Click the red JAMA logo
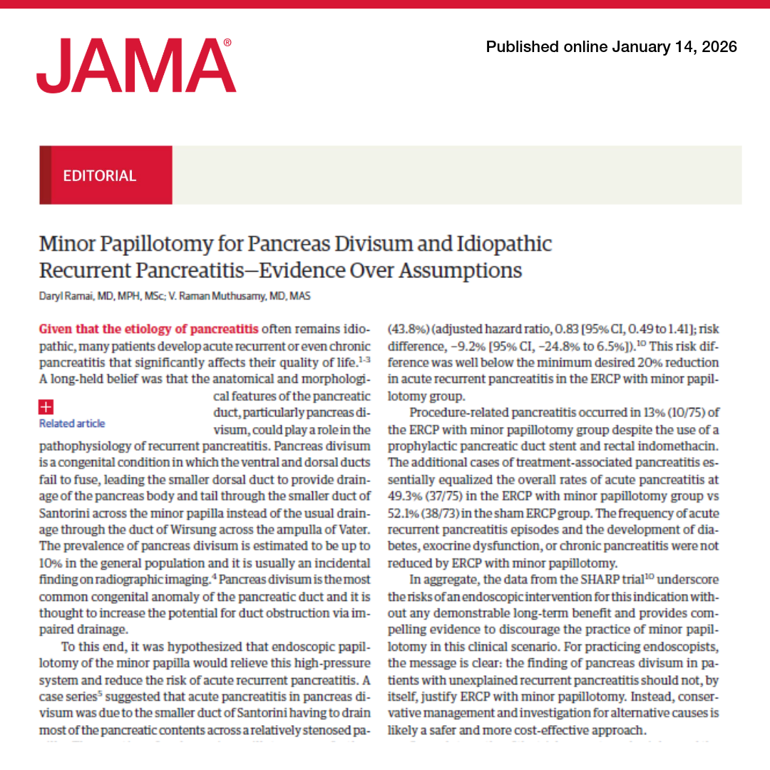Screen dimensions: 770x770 point(135,66)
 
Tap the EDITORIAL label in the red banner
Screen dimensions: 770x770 point(99,175)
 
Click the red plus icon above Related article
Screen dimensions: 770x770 point(46,407)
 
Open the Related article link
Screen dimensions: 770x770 point(72,423)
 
